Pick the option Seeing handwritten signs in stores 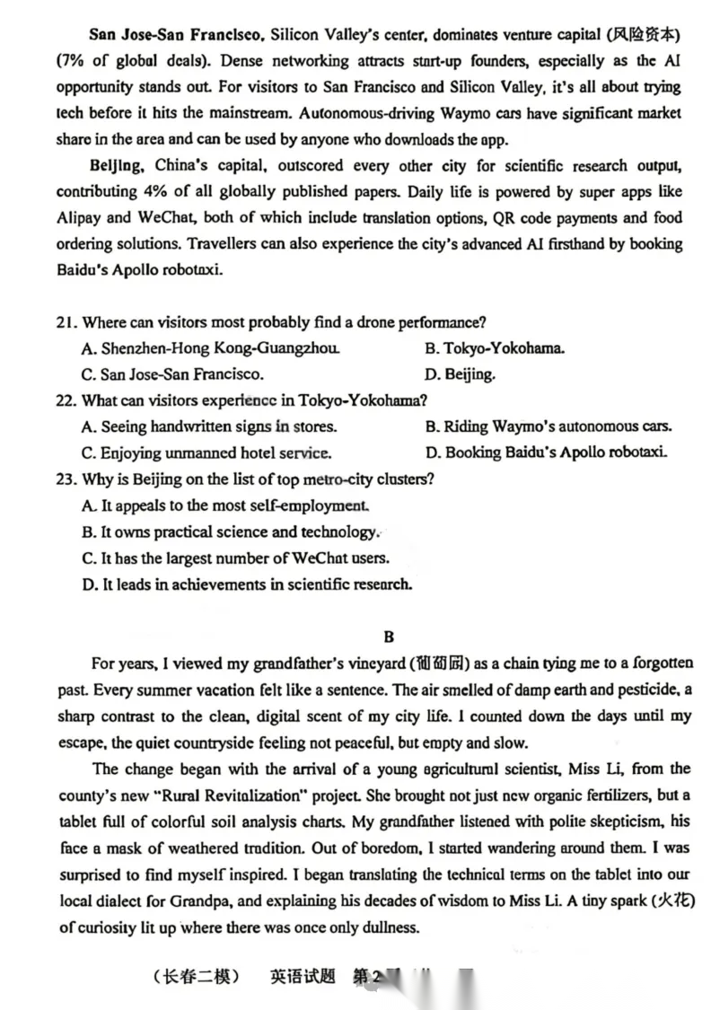pyautogui.click(x=209, y=426)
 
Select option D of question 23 pyautogui.click(x=247, y=584)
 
